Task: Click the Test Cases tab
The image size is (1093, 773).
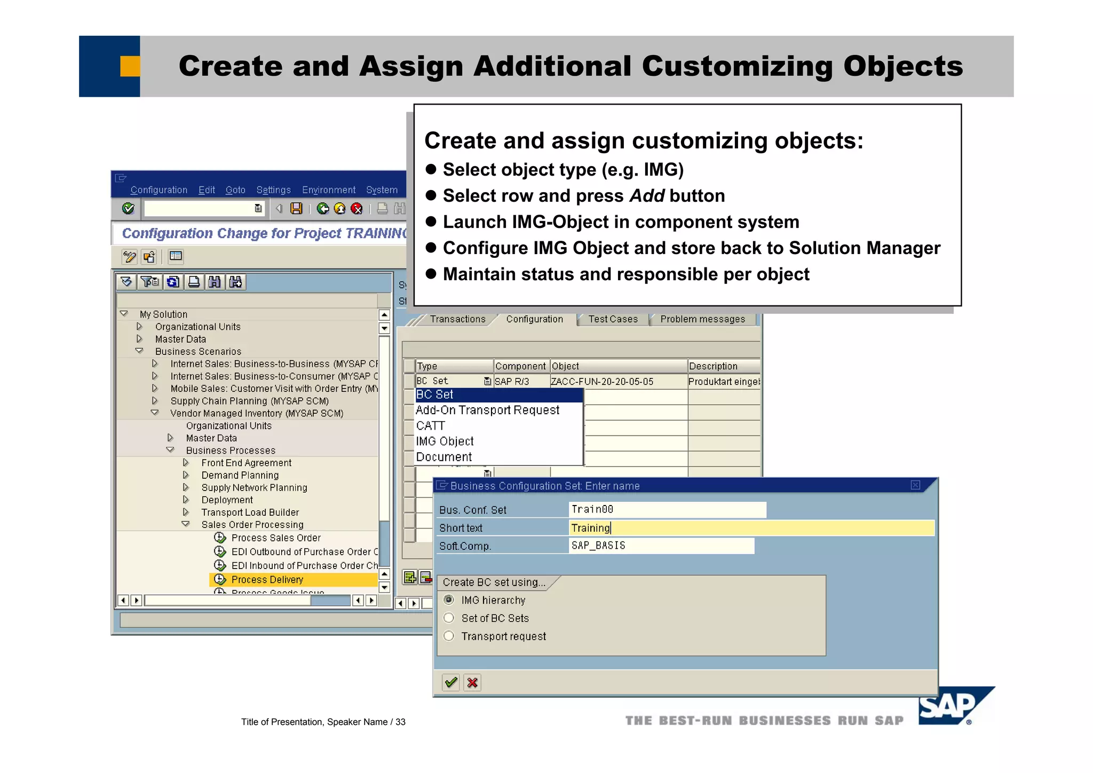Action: click(613, 319)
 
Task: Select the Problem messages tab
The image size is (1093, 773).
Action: click(702, 319)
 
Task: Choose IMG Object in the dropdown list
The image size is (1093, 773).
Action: click(445, 441)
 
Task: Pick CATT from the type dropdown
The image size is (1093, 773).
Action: click(430, 426)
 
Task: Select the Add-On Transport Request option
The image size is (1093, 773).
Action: click(487, 410)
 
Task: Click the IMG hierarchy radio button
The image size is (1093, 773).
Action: click(449, 600)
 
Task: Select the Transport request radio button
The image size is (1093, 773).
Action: click(449, 636)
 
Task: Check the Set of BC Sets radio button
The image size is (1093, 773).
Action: click(449, 618)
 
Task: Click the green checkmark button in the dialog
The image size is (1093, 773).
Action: click(451, 682)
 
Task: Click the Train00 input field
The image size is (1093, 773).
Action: click(667, 510)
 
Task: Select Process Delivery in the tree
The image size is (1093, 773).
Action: click(267, 580)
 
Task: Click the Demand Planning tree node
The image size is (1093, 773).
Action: click(240, 475)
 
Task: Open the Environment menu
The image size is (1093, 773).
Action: click(328, 190)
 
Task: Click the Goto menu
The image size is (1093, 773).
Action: click(235, 190)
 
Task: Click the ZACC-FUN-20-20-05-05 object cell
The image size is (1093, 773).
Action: click(602, 382)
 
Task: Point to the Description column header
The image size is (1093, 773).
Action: click(713, 366)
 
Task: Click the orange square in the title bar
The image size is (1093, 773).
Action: click(130, 66)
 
